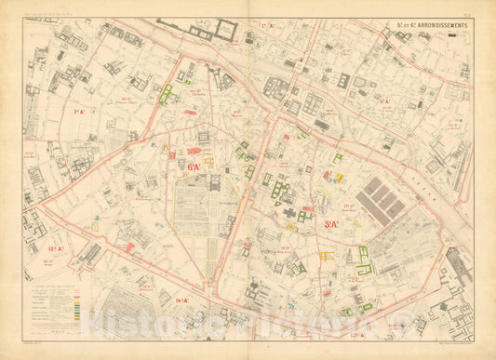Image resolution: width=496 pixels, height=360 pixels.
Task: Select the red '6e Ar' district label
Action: pos(194,167)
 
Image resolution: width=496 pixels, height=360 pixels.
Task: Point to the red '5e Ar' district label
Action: pos(332,224)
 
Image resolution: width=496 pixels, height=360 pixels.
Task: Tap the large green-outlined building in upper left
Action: pos(167,93)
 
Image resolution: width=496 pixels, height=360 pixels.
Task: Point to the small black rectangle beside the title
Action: pos(452,34)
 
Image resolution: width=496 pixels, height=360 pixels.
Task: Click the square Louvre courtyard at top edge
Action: pos(226,28)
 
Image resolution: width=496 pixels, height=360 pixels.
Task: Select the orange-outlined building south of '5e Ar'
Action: pos(327,255)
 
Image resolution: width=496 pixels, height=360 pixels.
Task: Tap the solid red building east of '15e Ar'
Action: pos(128,248)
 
